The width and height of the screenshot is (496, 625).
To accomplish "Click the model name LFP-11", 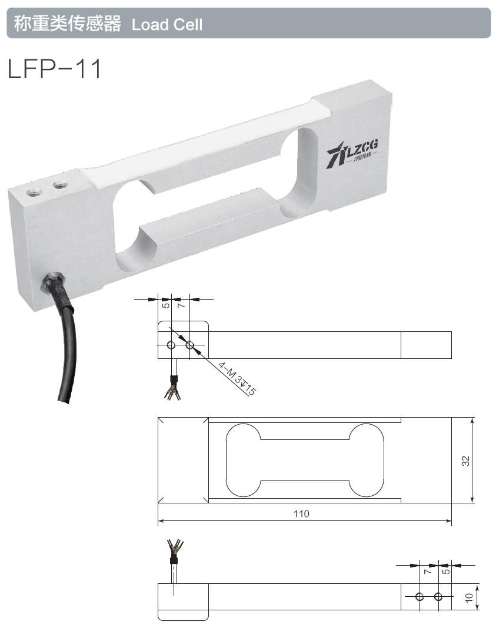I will click(x=54, y=69).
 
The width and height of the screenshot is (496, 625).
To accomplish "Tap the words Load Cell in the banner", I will click(x=167, y=24).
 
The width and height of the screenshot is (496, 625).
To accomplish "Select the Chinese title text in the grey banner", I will click(x=67, y=23).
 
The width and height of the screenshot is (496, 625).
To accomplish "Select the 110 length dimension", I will click(x=301, y=513).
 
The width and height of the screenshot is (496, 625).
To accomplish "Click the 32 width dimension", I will click(x=465, y=461).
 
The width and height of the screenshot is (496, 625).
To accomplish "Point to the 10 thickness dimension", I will click(x=469, y=598).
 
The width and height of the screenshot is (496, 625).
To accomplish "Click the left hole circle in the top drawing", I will click(x=171, y=345).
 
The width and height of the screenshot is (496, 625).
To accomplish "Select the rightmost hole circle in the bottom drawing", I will click(x=438, y=597).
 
